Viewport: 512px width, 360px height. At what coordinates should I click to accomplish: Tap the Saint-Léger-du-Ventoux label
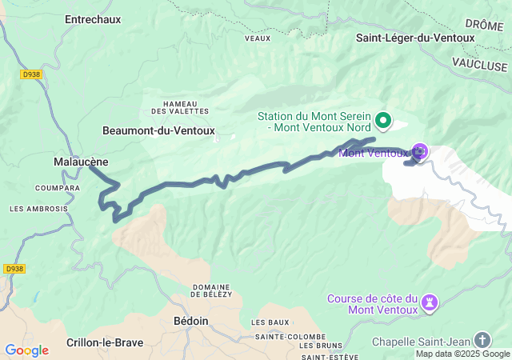click(x=416, y=37)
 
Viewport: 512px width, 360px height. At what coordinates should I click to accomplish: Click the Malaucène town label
click(x=80, y=162)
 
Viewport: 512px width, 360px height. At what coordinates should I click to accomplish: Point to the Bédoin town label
click(x=191, y=322)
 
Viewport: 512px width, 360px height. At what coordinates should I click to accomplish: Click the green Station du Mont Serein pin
click(x=383, y=121)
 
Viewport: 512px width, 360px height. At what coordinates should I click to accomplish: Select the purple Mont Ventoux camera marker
click(x=419, y=151)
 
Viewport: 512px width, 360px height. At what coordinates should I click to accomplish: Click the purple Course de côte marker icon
click(x=431, y=302)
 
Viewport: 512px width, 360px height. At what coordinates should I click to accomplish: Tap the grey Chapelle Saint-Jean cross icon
click(x=482, y=340)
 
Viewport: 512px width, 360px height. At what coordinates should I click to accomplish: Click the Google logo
click(x=26, y=350)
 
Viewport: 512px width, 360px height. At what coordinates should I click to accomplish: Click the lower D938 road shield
click(x=13, y=270)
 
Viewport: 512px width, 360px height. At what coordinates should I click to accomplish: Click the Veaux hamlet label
click(x=257, y=37)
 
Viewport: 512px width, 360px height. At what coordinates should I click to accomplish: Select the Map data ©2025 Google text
click(x=462, y=354)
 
